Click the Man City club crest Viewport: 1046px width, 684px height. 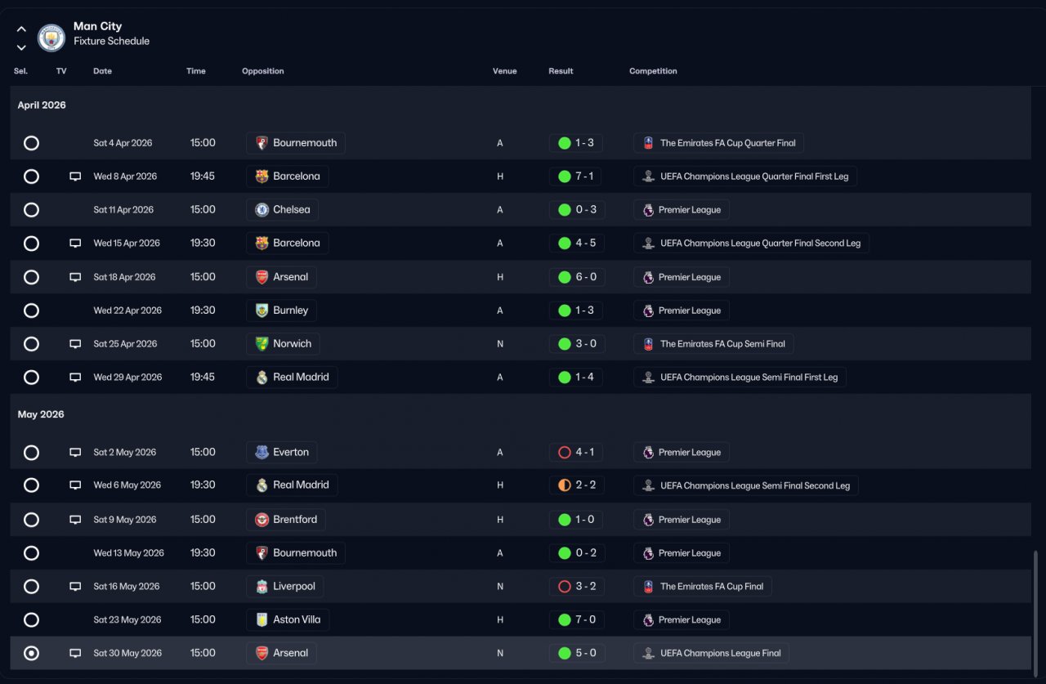51,38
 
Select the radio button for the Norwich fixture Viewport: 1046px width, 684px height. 31,344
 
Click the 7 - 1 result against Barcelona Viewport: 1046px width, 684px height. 577,177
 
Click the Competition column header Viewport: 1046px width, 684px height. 653,71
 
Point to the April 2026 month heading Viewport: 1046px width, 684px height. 42,105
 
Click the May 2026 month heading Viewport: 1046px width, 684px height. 41,414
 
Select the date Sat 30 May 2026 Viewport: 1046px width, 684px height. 127,653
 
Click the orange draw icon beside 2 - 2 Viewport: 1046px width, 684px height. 564,485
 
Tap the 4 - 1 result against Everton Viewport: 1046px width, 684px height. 577,452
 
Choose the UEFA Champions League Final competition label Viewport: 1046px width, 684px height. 711,653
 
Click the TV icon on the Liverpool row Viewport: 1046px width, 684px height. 75,587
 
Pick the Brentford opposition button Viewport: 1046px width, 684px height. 285,520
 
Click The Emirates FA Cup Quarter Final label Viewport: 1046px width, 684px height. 718,143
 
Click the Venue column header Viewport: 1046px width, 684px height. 504,71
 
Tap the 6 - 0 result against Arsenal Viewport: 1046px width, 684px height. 577,277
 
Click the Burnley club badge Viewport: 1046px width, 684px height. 261,311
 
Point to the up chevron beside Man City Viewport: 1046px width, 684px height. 21,29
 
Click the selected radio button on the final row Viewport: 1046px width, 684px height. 31,653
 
